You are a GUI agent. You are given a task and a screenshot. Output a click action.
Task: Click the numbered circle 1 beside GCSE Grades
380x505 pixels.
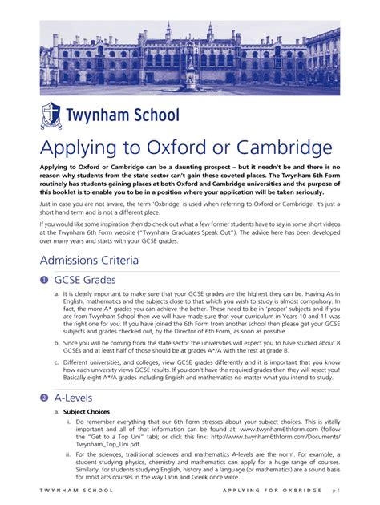43,280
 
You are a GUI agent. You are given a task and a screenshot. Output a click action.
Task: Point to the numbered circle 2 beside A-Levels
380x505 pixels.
43,398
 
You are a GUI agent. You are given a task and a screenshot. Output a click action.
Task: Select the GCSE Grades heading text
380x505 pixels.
85,280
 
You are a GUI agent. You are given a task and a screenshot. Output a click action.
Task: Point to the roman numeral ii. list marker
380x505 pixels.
69,454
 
